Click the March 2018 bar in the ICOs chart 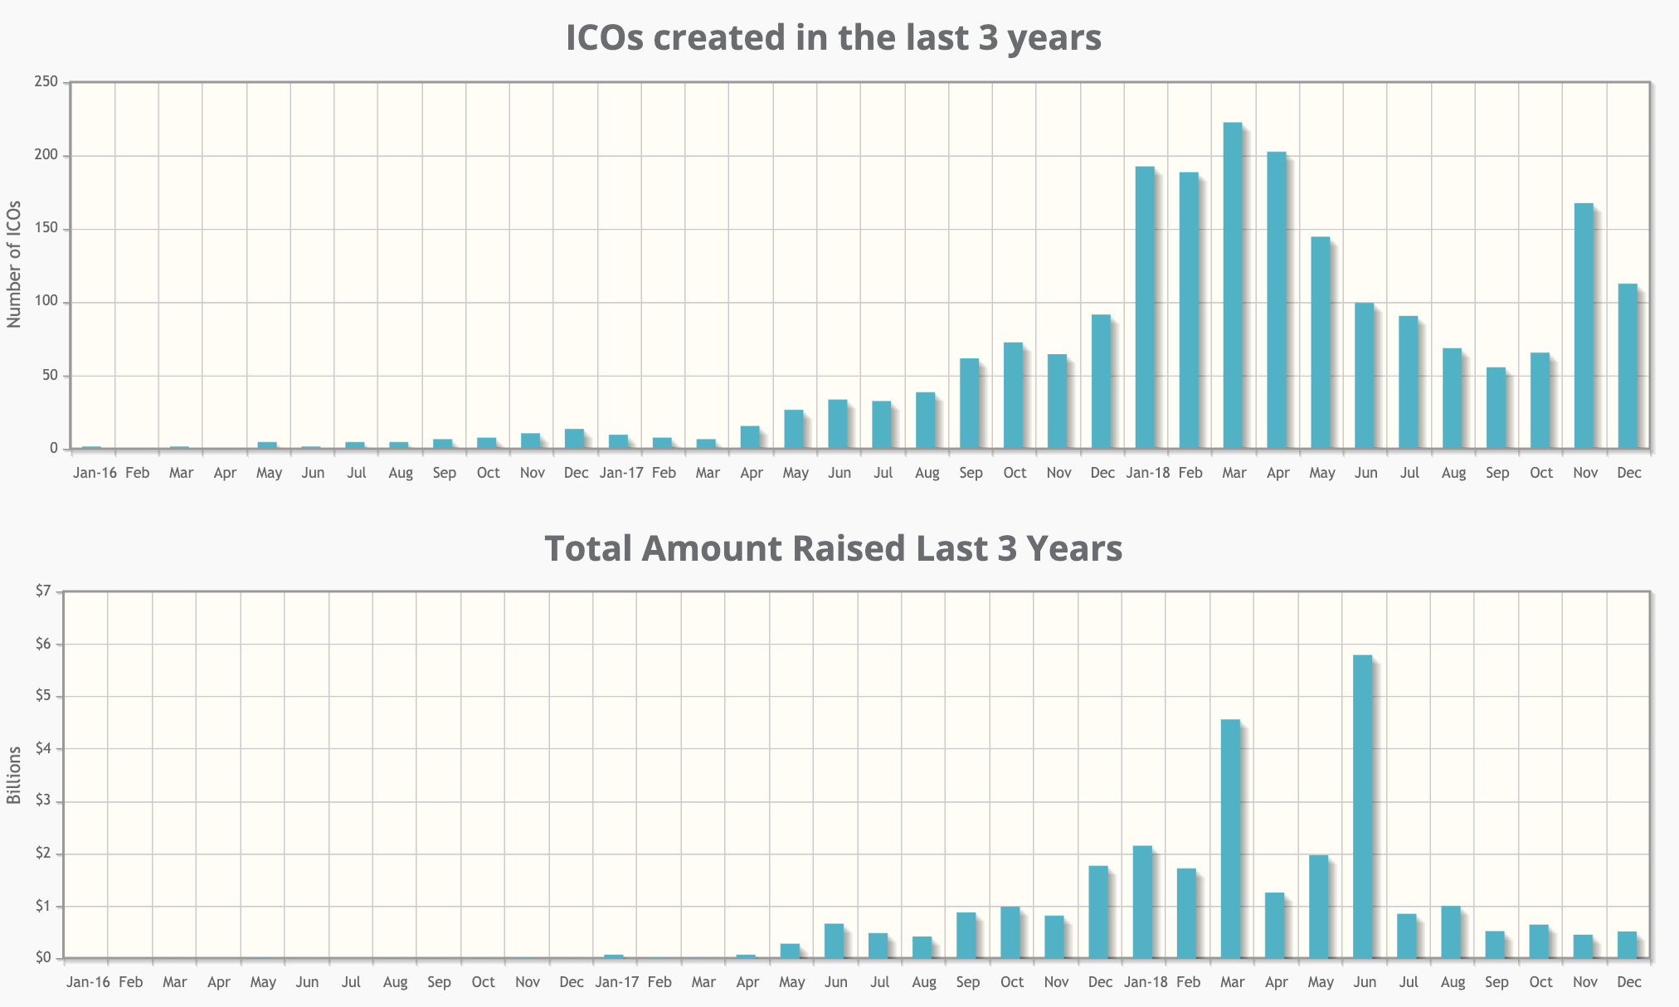(1233, 285)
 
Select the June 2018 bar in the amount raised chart (1362, 806)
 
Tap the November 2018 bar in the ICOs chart (1584, 326)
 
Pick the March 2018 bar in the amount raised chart (1231, 839)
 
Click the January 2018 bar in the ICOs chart (1145, 308)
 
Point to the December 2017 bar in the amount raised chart (1098, 912)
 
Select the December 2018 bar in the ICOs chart (1628, 366)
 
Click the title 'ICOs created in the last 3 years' (834, 38)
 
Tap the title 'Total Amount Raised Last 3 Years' (833, 548)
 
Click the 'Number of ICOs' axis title (14, 264)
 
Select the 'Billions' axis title (14, 775)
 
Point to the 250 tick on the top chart (46, 81)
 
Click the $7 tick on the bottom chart (43, 591)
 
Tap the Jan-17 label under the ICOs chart (620, 473)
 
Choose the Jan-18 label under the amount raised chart (1146, 982)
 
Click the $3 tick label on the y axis (43, 801)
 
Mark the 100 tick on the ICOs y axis (46, 302)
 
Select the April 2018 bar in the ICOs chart (1277, 300)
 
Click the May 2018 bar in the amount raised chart (1318, 907)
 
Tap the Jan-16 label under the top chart (95, 473)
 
